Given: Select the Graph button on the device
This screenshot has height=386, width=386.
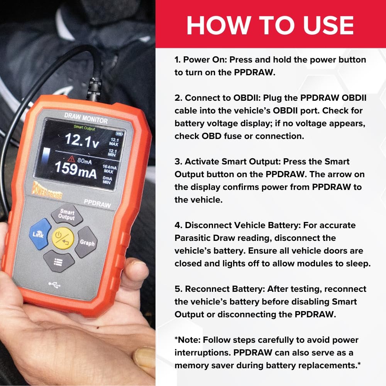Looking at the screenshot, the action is click(x=86, y=242).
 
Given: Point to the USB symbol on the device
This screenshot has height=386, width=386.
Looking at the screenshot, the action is click(x=54, y=285).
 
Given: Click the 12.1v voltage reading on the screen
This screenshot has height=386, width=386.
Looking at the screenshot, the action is click(x=82, y=141).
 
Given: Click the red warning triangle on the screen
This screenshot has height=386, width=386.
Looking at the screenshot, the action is click(x=71, y=159).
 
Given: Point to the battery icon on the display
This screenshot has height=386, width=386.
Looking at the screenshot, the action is click(x=119, y=134).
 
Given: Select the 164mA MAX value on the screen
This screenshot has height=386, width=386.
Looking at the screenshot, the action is click(x=109, y=169).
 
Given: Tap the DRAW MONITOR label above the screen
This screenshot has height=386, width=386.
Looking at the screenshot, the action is click(x=86, y=118).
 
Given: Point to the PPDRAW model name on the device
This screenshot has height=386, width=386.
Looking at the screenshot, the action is click(x=98, y=203).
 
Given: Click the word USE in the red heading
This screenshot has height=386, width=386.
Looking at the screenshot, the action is click(x=328, y=25).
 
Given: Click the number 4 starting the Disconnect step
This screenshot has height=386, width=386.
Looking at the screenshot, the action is click(x=177, y=225).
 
